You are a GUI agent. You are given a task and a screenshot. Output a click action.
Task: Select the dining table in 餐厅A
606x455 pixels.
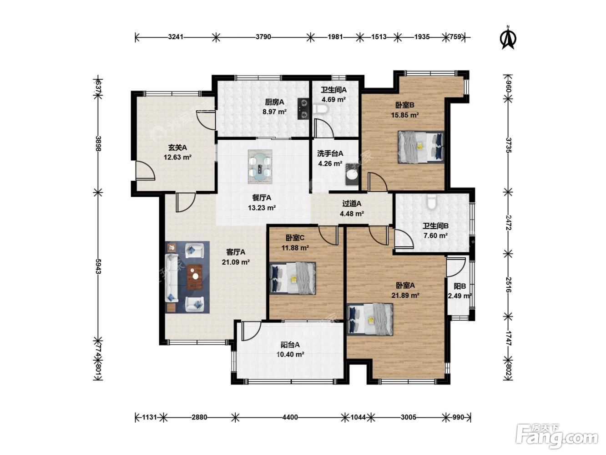tap(260, 167)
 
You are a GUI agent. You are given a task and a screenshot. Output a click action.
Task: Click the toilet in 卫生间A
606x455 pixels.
tap(320, 109)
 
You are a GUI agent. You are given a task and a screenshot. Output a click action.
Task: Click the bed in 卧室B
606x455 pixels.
tap(421, 147)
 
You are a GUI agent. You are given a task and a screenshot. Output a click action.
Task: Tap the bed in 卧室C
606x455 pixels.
tap(293, 278)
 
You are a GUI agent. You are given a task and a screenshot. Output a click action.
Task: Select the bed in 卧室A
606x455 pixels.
tap(370, 319)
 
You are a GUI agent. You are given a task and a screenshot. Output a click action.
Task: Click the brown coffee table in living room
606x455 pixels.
tap(194, 277)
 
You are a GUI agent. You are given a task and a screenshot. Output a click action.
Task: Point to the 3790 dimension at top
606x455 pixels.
tap(263, 37)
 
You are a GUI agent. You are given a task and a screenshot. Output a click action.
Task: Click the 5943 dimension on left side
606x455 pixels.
tap(98, 266)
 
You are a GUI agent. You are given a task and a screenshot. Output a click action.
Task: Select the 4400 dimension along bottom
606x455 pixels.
tap(290, 417)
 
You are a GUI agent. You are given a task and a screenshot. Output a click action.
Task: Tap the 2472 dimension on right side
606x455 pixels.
tap(509, 222)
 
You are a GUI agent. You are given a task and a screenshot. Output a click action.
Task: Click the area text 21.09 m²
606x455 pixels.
tap(236, 262)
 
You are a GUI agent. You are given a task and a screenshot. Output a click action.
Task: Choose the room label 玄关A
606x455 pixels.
tap(177, 148)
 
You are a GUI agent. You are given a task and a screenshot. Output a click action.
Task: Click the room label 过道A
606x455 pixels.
tap(352, 204)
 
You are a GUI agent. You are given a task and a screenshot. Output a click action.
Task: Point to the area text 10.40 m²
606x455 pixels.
tap(290, 354)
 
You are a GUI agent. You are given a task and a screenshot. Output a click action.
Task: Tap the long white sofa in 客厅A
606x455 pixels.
tap(171, 278)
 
